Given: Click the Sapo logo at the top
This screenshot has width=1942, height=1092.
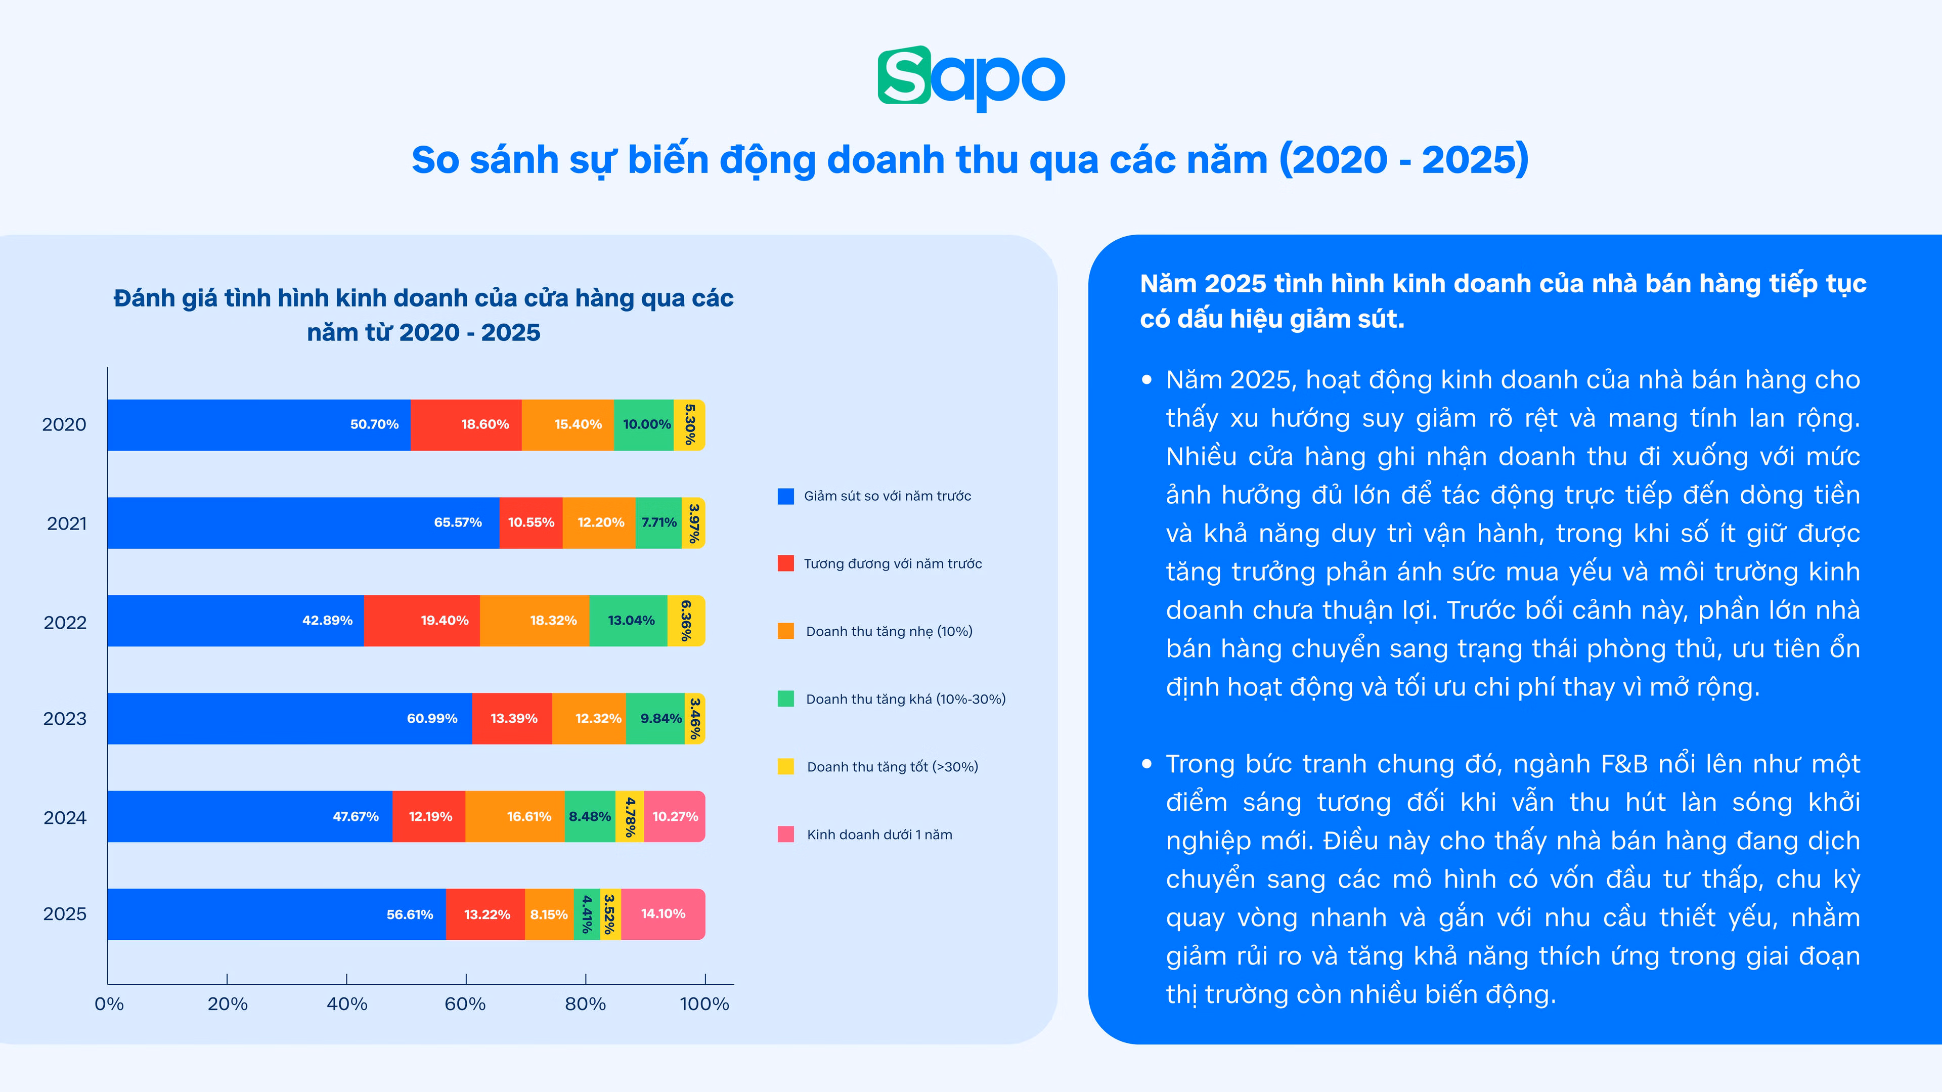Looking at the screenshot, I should [x=971, y=78].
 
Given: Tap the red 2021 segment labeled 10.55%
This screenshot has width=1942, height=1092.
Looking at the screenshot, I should [x=531, y=522].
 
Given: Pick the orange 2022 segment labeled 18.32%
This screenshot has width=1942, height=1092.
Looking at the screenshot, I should [x=535, y=621].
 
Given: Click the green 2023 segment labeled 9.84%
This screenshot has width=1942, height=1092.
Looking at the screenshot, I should [x=655, y=719].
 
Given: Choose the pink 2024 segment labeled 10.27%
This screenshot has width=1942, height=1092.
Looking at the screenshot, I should [x=675, y=817].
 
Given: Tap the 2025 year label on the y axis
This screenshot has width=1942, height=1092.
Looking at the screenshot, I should [x=65, y=914].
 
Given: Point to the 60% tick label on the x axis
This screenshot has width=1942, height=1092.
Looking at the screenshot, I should [x=465, y=1004].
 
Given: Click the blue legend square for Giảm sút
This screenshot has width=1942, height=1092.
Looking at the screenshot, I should [x=785, y=496].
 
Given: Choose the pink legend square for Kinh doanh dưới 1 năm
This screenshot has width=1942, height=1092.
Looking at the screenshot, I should [x=785, y=834].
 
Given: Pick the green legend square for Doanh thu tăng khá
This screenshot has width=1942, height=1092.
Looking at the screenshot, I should [x=785, y=699].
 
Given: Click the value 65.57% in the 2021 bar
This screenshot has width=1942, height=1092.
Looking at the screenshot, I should [x=458, y=522].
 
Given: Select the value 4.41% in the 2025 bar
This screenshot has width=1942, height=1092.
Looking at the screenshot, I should [x=587, y=914].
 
